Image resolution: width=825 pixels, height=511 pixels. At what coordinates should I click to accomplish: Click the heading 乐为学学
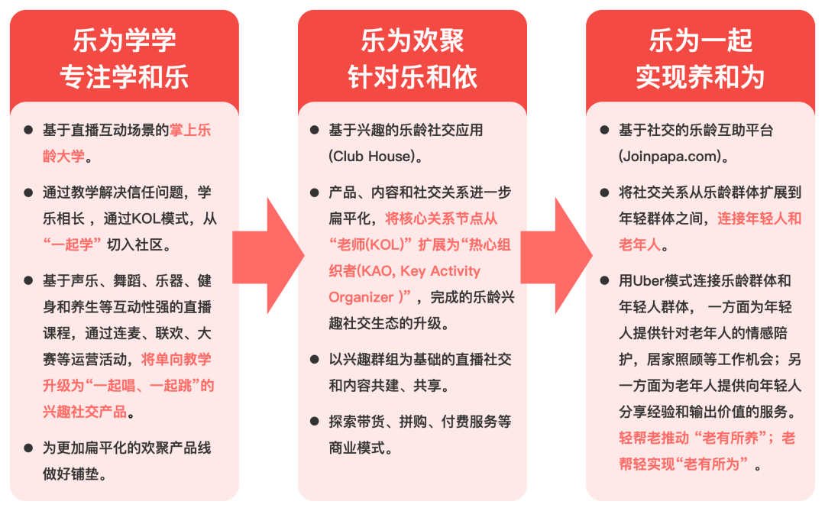click(125, 40)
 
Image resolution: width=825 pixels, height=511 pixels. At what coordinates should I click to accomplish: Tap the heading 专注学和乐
click(125, 77)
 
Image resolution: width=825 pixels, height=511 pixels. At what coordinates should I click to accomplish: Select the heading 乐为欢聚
click(412, 40)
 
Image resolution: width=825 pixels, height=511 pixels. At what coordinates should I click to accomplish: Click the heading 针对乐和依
click(412, 77)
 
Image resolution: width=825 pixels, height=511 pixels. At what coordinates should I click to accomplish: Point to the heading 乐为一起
click(700, 40)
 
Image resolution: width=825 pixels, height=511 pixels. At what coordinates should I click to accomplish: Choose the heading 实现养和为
click(700, 77)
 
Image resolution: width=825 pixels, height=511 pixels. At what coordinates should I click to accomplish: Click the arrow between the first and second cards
click(267, 255)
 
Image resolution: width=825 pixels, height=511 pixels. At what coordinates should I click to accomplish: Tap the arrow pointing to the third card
click(555, 255)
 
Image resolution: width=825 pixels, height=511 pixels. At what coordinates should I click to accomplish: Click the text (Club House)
click(376, 157)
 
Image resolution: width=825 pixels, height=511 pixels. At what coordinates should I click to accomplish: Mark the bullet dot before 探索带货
click(314, 422)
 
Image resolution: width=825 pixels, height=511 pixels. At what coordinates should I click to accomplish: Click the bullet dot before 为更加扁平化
click(28, 448)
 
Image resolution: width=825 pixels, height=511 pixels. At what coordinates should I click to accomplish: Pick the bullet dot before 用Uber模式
click(604, 280)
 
